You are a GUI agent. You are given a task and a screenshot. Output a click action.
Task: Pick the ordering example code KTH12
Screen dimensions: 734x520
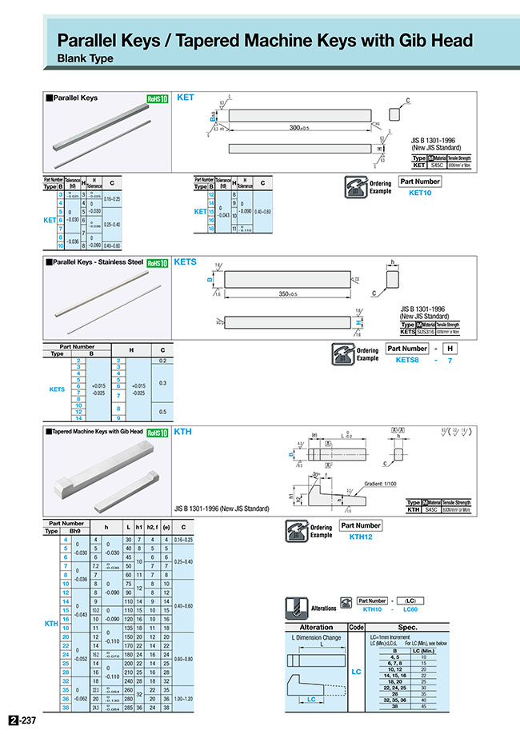pos(361,537)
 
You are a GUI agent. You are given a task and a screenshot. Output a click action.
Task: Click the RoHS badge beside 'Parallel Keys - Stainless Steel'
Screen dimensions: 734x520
pos(158,262)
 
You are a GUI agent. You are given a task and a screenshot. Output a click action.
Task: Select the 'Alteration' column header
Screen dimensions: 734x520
pos(315,627)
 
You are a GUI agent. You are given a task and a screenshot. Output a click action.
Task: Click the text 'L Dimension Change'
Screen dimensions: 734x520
pos(315,637)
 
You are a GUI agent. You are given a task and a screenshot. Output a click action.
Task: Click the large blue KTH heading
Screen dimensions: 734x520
pos(183,432)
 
